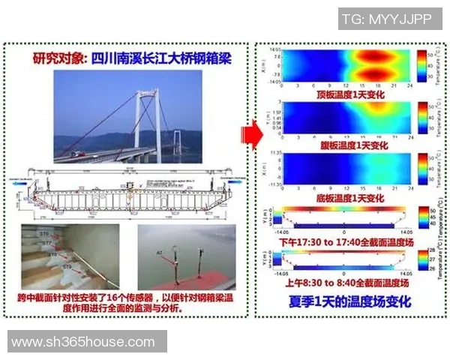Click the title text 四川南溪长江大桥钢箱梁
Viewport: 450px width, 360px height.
130,58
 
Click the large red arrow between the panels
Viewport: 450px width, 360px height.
250,136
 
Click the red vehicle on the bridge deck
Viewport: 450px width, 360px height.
77,154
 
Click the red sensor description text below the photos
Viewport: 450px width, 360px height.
129,303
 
